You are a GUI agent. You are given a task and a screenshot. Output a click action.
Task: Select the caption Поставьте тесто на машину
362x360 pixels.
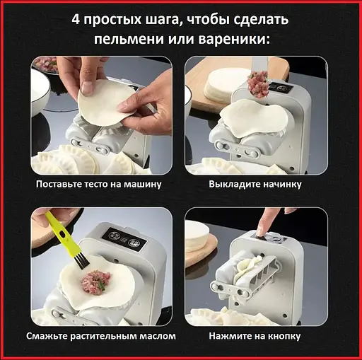pos(100,184)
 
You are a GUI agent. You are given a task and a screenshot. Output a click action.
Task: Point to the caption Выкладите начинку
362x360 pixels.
pos(255,184)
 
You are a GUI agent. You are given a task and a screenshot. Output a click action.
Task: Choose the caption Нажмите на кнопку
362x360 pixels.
pos(255,336)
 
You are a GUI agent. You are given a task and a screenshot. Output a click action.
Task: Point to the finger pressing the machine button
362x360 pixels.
pos(263,225)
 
